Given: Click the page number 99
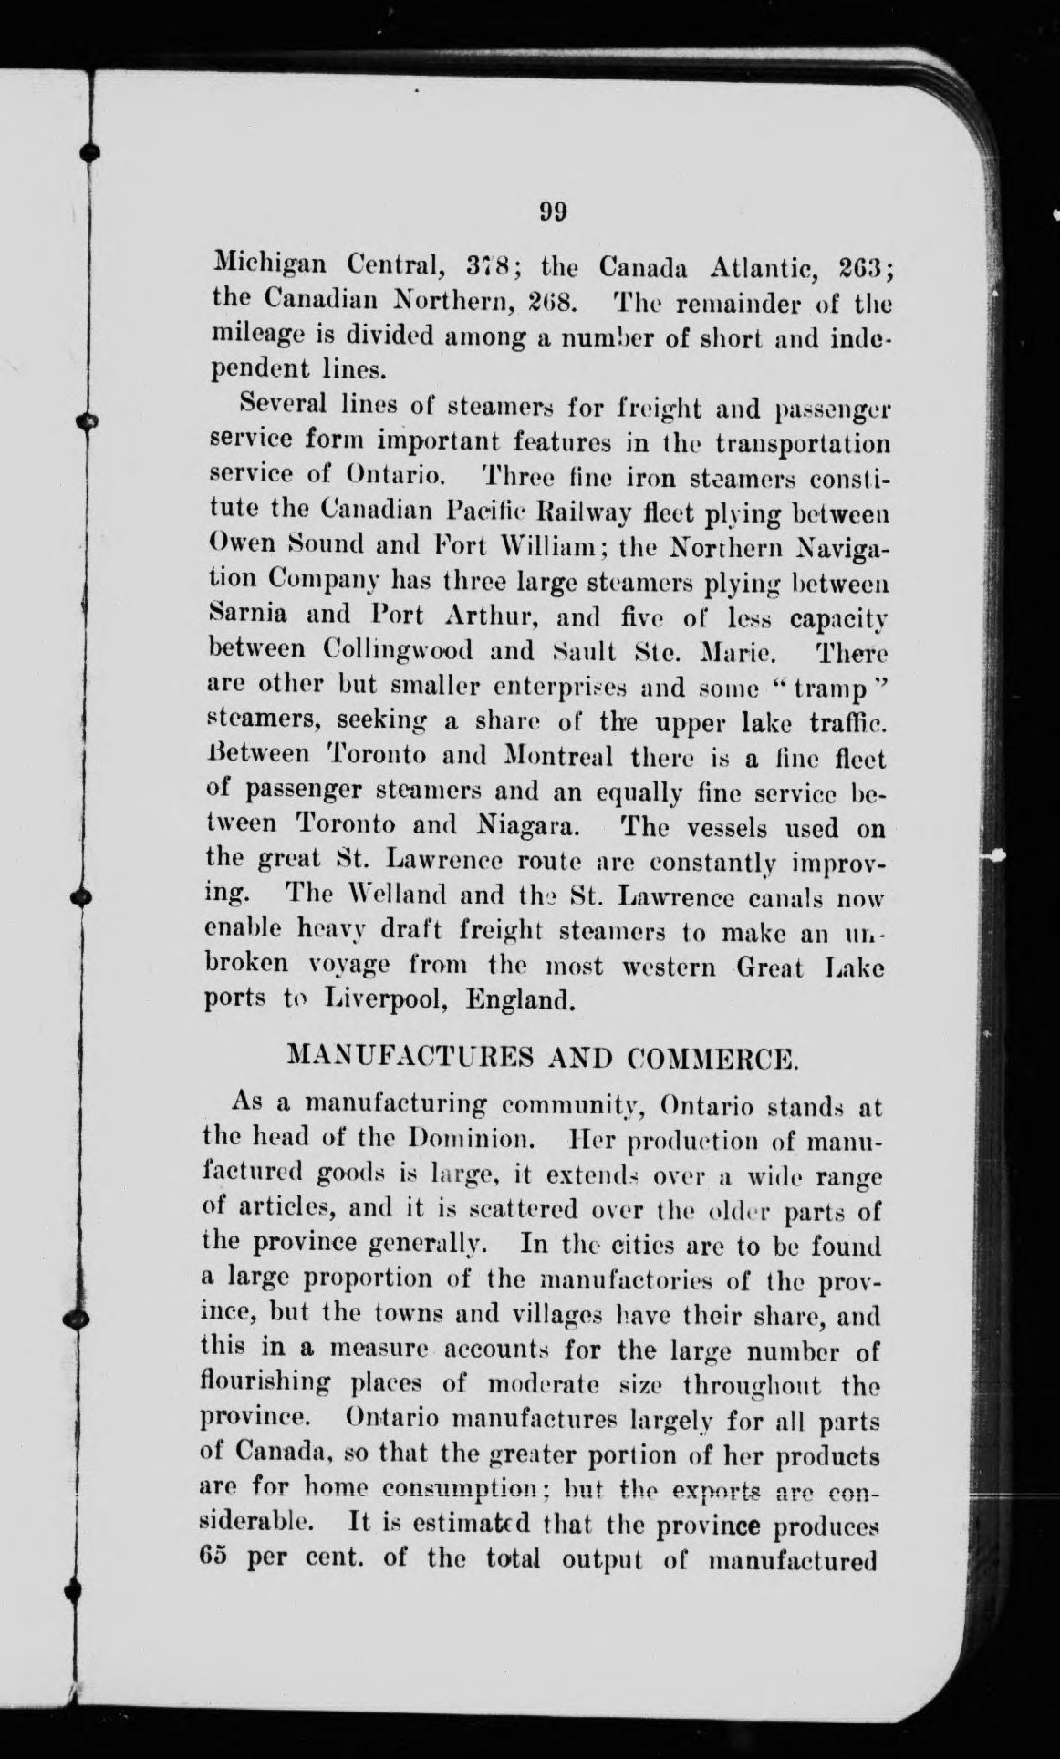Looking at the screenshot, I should pos(553,212).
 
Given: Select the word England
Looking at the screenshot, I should pos(520,1000).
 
